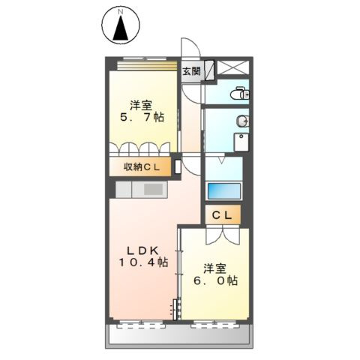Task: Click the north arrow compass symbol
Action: [x=121, y=28]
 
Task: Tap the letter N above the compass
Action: [x=121, y=11]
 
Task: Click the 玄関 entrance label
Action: [x=191, y=73]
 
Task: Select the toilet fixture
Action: [x=240, y=94]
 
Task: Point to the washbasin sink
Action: [x=241, y=121]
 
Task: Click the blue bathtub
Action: [x=223, y=190]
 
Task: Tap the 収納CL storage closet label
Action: [x=140, y=167]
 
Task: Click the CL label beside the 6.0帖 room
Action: [x=223, y=215]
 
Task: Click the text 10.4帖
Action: [x=142, y=262]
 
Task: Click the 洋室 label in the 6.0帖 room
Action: [x=216, y=268]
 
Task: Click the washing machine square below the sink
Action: [x=241, y=142]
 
